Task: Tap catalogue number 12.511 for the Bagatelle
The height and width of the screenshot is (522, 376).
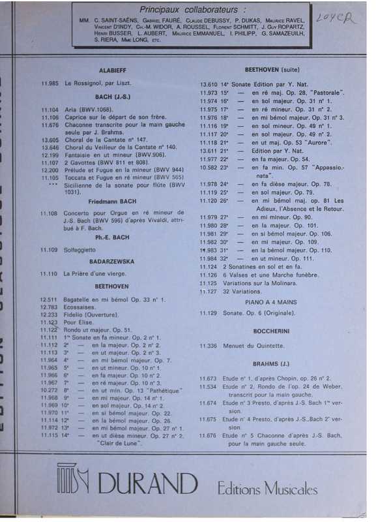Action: coord(50,299)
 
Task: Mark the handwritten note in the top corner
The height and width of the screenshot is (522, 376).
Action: coord(334,17)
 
